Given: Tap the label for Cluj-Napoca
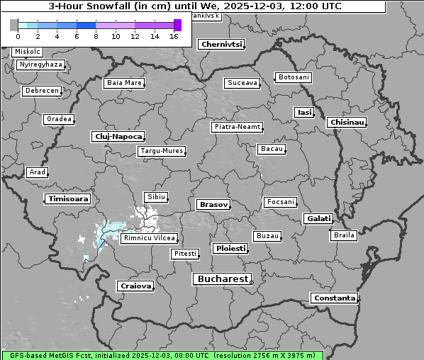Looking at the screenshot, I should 118,136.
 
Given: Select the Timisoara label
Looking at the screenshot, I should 68,199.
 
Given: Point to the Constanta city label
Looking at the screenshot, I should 334,298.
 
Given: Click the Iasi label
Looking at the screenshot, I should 304,112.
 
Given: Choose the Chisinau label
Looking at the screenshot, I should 347,123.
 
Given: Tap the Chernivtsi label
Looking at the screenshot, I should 221,44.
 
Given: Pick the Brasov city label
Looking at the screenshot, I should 213,204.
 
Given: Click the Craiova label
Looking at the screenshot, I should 135,286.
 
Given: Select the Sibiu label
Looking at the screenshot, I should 155,196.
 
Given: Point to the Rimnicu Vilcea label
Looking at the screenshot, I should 149,238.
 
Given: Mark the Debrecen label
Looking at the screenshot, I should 41,91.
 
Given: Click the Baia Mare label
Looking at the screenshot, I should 124,83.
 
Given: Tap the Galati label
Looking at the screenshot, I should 318,219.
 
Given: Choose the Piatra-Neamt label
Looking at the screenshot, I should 237,127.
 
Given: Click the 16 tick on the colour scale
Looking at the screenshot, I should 174,36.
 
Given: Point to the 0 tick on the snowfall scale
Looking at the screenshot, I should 18,36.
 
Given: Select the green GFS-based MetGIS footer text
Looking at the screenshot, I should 162,355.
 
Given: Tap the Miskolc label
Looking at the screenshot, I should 28,52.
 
